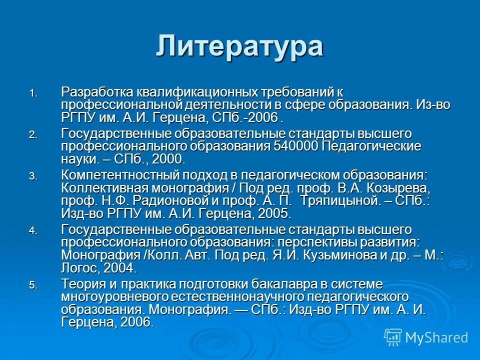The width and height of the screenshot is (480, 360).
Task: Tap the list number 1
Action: click(x=32, y=93)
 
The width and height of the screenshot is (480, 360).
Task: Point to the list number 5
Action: click(x=32, y=286)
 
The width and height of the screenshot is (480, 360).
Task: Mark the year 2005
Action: click(x=273, y=214)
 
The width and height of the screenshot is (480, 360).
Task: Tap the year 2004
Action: click(x=120, y=268)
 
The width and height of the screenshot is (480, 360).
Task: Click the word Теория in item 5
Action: click(x=81, y=284)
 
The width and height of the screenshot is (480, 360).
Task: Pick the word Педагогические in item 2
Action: click(x=371, y=146)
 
